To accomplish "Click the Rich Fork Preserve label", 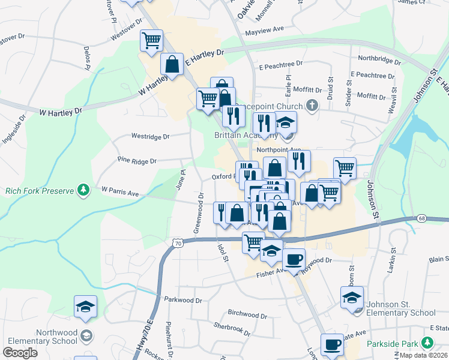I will click(39, 191).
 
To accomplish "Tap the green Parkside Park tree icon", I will click(427, 343).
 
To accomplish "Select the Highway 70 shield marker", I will click(176, 243).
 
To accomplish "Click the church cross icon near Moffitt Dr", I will click(311, 106).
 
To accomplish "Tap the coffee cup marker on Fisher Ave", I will click(294, 260).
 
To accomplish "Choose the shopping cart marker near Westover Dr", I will click(151, 41).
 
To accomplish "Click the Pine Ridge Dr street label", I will click(137, 161).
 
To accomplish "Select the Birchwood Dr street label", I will click(247, 314).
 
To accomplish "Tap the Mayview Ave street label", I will click(264, 29).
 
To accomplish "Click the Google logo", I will click(20, 353).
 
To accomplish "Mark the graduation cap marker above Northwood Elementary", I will click(86, 306).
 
